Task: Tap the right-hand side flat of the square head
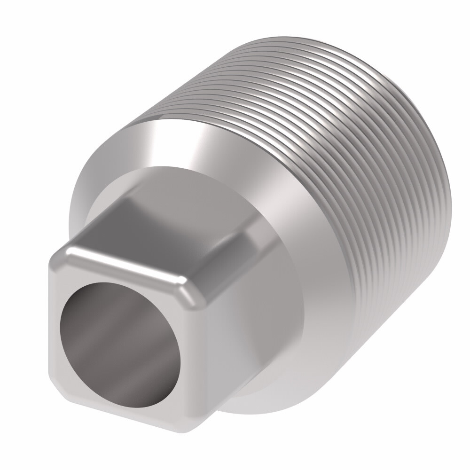[x=221, y=329]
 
